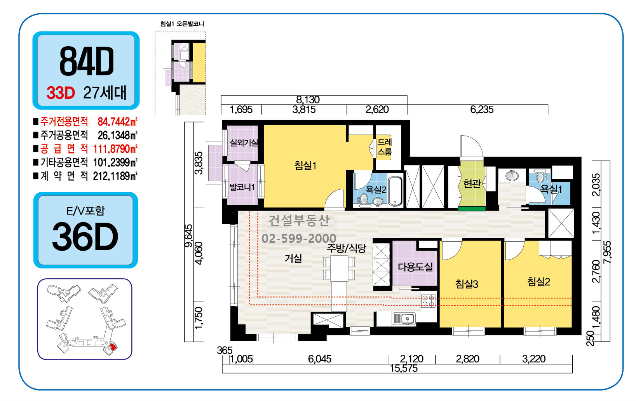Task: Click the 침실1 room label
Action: pyautogui.click(x=305, y=165)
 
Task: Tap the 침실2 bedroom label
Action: pyautogui.click(x=538, y=282)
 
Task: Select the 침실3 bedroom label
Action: pyautogui.click(x=467, y=284)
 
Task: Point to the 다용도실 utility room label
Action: pyautogui.click(x=415, y=267)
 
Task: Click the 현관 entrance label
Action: pyautogui.click(x=472, y=184)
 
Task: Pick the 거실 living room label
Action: pyautogui.click(x=293, y=258)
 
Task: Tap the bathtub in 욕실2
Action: pyautogui.click(x=395, y=191)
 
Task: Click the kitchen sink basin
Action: pyautogui.click(x=404, y=319)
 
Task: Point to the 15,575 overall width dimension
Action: pyautogui.click(x=403, y=368)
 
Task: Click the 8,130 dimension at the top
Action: pyautogui.click(x=308, y=100)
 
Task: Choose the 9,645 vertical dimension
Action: pyautogui.click(x=189, y=236)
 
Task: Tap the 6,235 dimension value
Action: pyautogui.click(x=482, y=109)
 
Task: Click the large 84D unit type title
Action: pyautogui.click(x=87, y=61)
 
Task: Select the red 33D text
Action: pyautogui.click(x=61, y=92)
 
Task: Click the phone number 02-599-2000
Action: pyautogui.click(x=299, y=238)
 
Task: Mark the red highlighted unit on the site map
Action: pyautogui.click(x=112, y=347)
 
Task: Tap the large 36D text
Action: pyautogui.click(x=85, y=237)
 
